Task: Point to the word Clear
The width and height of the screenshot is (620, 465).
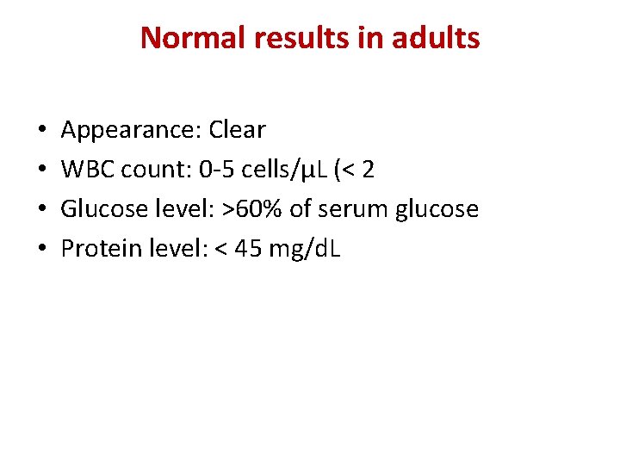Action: click(x=237, y=130)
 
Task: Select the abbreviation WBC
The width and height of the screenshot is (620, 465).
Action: click(x=88, y=170)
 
